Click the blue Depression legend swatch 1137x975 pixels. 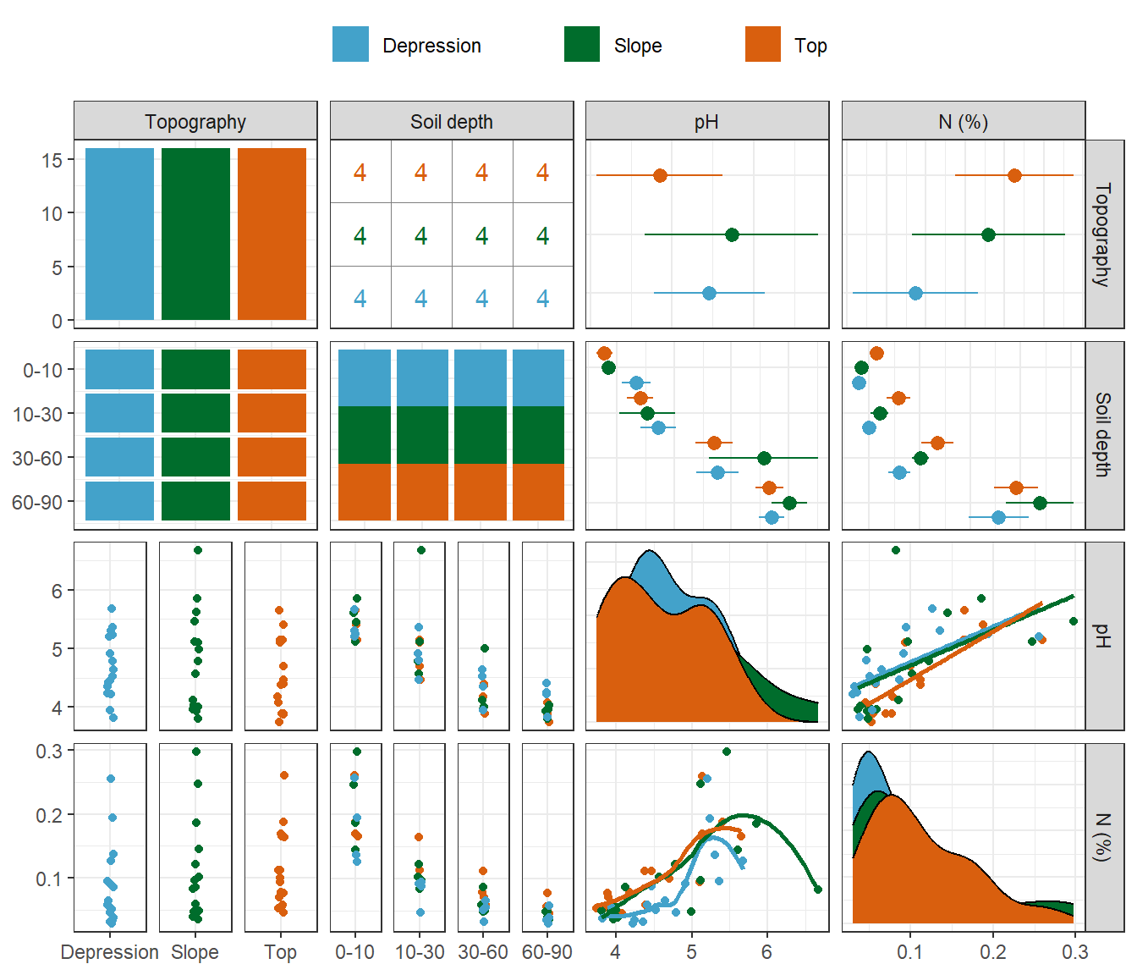(x=350, y=45)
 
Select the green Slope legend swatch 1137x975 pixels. (x=582, y=45)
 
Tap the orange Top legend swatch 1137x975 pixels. (x=763, y=45)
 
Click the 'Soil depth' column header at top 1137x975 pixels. (x=452, y=121)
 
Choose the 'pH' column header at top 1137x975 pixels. (x=706, y=121)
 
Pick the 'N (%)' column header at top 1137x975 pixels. (x=963, y=121)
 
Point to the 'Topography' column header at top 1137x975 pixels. (x=195, y=121)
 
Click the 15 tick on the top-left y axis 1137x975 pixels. (x=52, y=160)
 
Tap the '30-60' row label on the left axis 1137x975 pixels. (x=37, y=458)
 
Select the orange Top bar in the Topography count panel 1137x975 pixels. (x=272, y=234)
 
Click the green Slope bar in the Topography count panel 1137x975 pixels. (x=195, y=234)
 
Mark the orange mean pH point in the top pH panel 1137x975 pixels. (x=660, y=175)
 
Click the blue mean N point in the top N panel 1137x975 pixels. (x=915, y=293)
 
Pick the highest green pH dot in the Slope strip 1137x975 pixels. (x=198, y=550)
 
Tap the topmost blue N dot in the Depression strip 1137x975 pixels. (x=111, y=779)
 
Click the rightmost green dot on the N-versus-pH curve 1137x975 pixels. (x=818, y=889)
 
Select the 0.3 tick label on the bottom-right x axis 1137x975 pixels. (x=1075, y=952)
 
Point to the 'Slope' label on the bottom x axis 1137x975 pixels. (x=195, y=952)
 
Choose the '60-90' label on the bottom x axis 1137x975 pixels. (x=547, y=952)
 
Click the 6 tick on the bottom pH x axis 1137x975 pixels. (x=766, y=952)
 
